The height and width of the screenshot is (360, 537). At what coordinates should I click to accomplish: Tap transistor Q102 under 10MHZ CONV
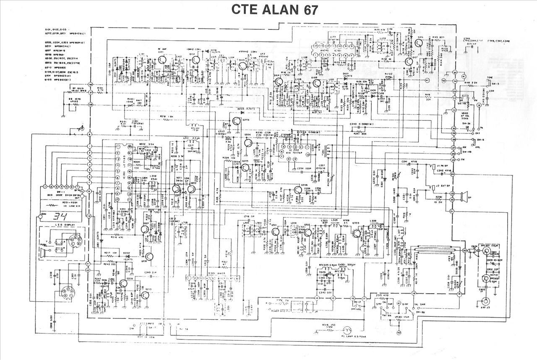194,61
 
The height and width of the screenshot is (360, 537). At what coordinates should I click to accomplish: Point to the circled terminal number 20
464,250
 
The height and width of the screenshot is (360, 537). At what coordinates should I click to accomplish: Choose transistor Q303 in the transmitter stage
357,233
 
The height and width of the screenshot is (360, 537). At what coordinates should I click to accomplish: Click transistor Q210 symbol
145,295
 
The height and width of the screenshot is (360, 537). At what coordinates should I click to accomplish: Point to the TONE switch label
490,78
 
